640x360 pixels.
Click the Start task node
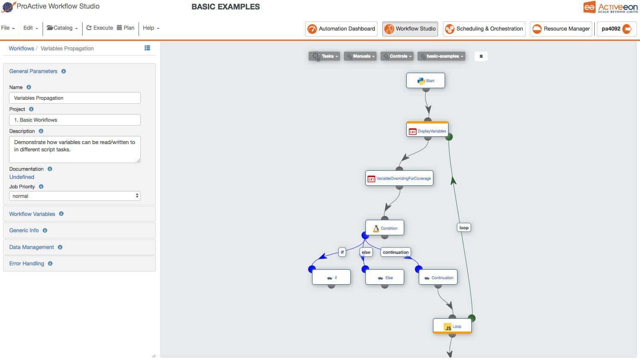[425, 80]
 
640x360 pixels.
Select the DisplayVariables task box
[427, 130]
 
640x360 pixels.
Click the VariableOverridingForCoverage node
[399, 178]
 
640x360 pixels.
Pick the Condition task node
[385, 228]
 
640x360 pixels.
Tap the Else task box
[385, 277]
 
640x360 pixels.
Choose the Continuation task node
[438, 277]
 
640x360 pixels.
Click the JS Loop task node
[452, 326]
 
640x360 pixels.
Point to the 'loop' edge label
[464, 228]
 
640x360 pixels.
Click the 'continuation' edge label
[396, 252]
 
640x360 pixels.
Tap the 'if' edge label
[342, 252]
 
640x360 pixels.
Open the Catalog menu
[62, 28]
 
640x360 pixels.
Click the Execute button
[100, 28]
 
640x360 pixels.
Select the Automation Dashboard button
[341, 29]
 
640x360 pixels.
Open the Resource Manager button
[561, 29]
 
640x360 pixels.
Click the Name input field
[75, 98]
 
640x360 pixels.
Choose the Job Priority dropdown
[75, 196]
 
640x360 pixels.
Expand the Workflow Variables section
[32, 214]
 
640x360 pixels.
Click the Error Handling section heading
[27, 264]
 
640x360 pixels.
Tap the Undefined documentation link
[22, 177]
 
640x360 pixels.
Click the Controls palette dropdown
[397, 56]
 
